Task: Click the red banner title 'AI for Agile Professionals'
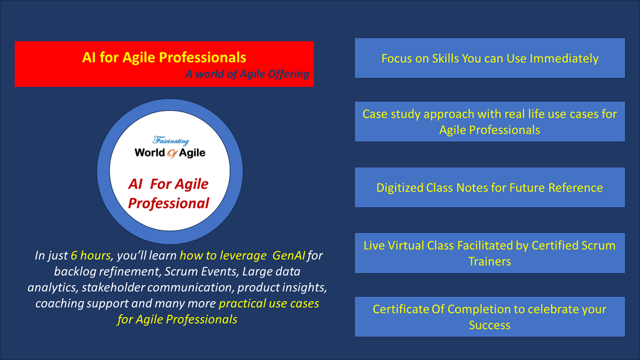tap(164, 57)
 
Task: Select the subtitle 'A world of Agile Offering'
tap(247, 74)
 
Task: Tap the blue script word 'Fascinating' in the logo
tap(170, 141)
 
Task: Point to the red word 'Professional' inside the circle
tap(168, 203)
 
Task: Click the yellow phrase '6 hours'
tap(91, 256)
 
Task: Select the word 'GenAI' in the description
tap(289, 256)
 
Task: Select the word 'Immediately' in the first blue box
tap(564, 58)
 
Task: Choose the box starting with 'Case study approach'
tap(490, 122)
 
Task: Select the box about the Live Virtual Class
tap(490, 253)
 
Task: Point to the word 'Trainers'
tap(490, 261)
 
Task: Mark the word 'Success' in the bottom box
tap(490, 325)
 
